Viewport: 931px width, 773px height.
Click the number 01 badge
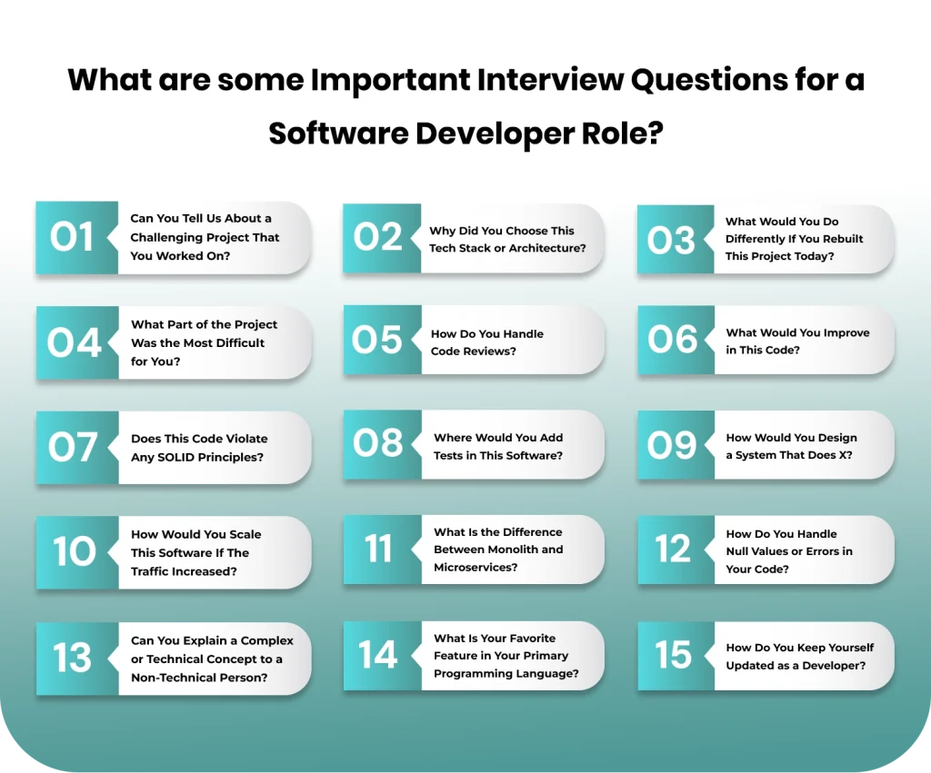pos(73,237)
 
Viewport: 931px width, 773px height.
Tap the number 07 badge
pos(73,447)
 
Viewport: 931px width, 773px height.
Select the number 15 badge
pos(674,655)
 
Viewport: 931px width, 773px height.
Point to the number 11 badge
pos(378,550)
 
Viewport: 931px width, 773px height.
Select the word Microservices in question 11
pos(475,568)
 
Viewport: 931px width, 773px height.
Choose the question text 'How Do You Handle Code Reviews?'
pos(487,342)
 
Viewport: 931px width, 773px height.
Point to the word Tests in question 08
pos(449,455)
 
